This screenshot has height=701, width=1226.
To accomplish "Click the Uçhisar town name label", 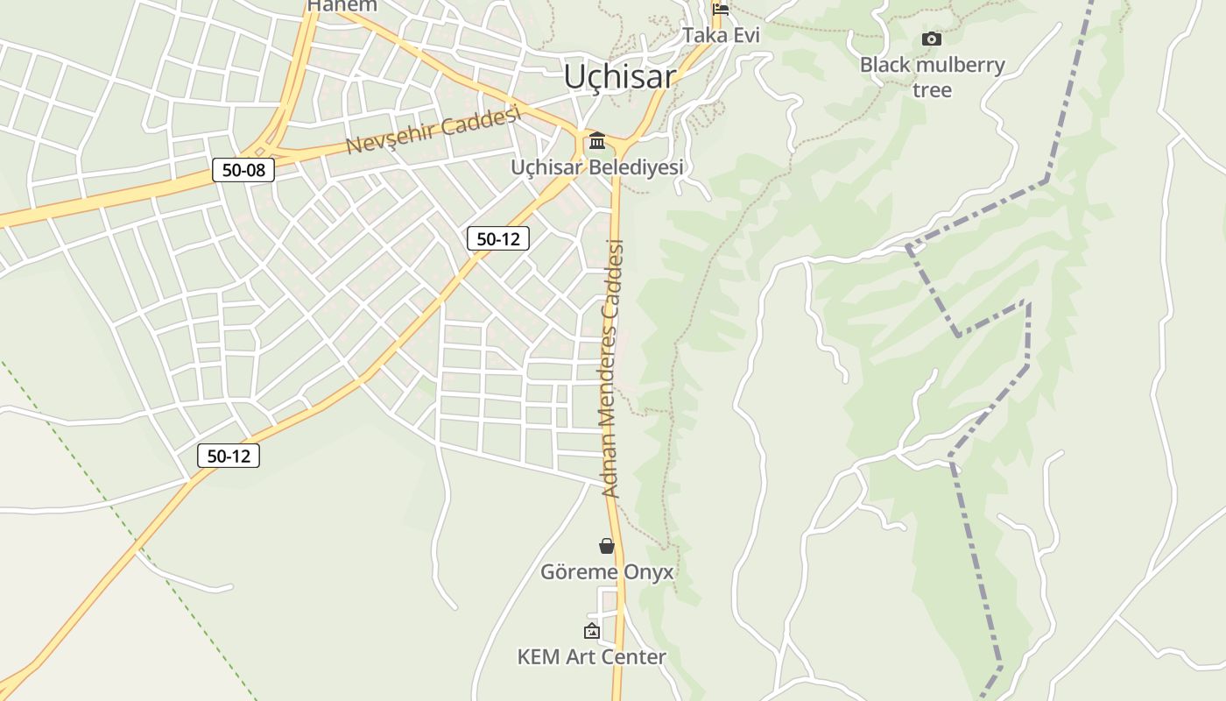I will click(x=619, y=76).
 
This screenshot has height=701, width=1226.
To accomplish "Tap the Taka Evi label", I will click(x=721, y=35).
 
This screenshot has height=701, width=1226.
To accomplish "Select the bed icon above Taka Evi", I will click(x=721, y=10).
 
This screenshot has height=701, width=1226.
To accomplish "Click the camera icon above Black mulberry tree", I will click(x=932, y=39).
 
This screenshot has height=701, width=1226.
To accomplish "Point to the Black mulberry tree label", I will click(x=932, y=77).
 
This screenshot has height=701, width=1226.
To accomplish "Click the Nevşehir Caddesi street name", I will click(x=433, y=130).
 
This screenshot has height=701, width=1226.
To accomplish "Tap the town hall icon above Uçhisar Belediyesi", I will click(x=597, y=140).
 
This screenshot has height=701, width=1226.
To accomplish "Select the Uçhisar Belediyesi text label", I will click(x=597, y=166).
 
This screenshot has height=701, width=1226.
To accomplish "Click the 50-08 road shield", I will click(x=243, y=170).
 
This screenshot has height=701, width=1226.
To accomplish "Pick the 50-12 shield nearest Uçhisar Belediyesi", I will click(x=498, y=238).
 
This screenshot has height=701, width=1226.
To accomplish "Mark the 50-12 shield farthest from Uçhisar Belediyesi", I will click(x=229, y=456).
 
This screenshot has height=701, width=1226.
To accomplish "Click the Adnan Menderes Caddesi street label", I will click(x=613, y=368).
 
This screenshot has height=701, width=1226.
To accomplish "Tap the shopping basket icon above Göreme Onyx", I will click(x=607, y=546).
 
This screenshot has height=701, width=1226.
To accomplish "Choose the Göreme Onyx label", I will click(x=607, y=572).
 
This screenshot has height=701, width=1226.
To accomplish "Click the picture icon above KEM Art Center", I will click(x=592, y=631).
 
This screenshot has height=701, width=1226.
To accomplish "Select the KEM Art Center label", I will click(x=592, y=656).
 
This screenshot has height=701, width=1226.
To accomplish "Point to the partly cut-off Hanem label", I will click(x=342, y=5).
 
